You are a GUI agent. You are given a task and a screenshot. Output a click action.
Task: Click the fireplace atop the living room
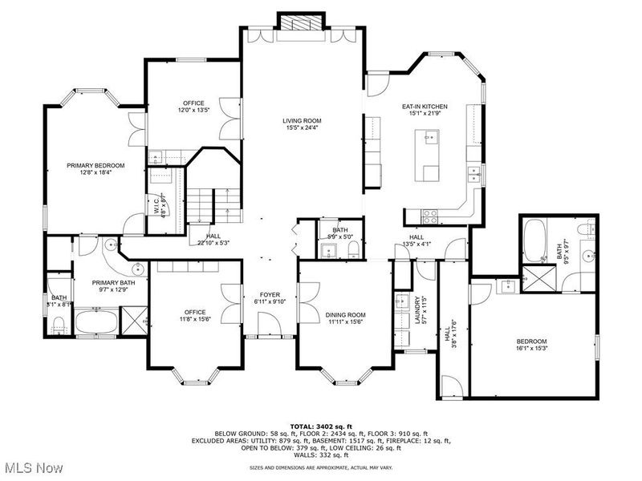[300, 23]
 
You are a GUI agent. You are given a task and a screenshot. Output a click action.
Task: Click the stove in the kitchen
[429, 214]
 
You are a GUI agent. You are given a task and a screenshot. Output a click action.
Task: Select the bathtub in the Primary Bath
[97, 324]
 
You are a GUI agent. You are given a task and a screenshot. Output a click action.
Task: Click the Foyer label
[269, 298]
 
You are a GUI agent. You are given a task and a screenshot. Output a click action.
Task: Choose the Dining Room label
[346, 318]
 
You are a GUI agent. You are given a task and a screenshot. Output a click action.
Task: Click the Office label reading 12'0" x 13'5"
[193, 107]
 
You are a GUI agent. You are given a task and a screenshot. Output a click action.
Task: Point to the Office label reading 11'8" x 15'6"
[194, 316]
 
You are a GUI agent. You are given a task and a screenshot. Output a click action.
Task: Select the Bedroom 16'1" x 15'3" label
[530, 346]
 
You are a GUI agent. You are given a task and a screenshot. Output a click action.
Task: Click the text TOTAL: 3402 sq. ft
[320, 426]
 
